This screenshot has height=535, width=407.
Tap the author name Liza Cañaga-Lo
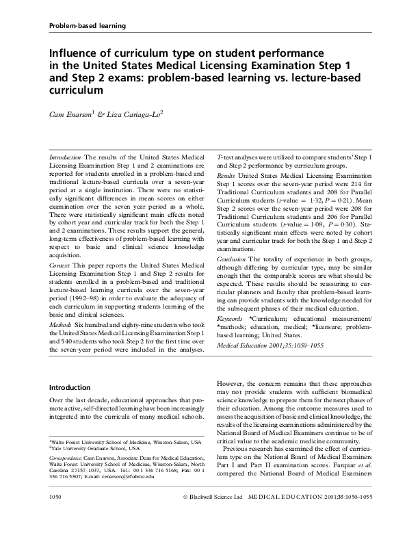point(135,114)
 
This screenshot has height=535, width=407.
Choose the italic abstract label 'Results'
point(227,176)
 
